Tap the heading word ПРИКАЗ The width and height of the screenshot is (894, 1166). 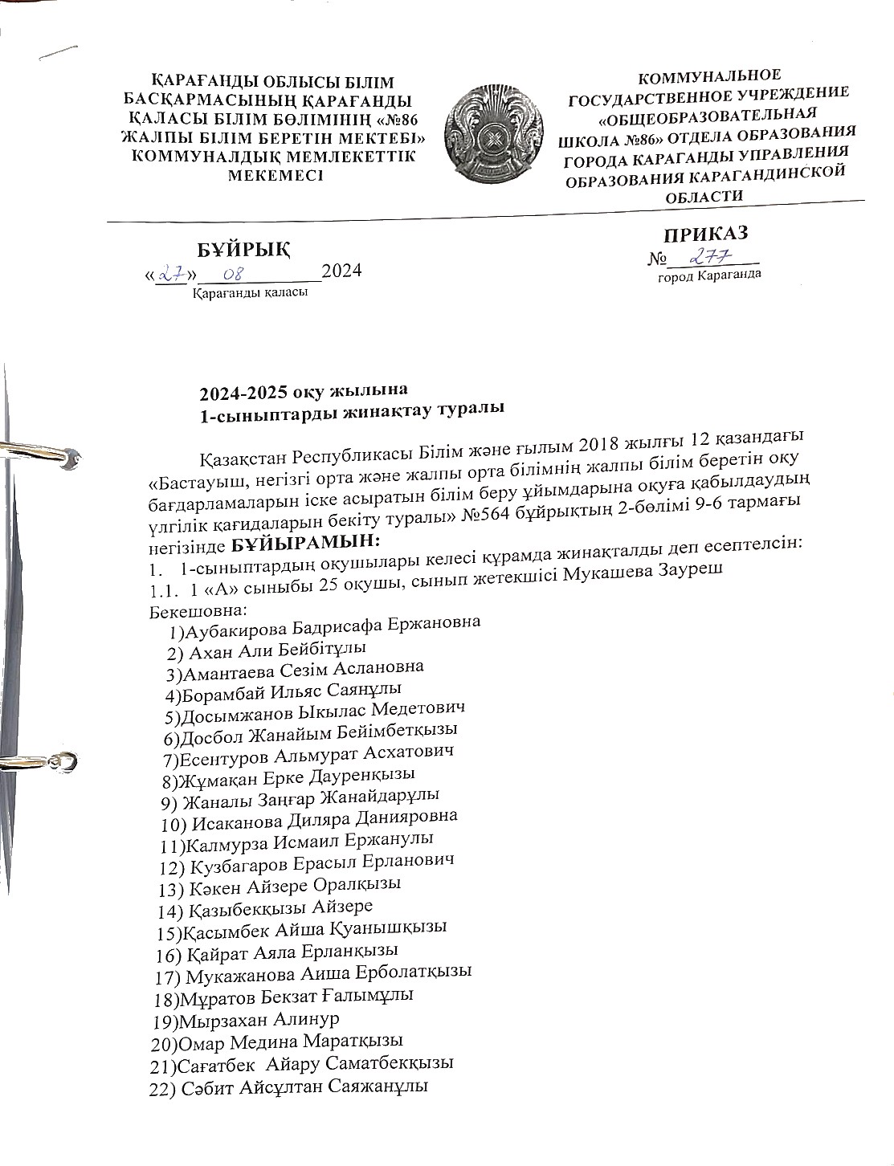(705, 234)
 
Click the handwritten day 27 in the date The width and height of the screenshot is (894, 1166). (170, 273)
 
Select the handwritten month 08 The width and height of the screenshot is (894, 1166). (234, 275)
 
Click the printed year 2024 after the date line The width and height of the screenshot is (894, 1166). (342, 270)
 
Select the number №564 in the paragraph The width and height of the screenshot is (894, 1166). (484, 515)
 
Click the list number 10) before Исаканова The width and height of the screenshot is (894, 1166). (173, 824)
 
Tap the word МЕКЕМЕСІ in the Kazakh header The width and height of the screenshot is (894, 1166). (276, 176)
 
